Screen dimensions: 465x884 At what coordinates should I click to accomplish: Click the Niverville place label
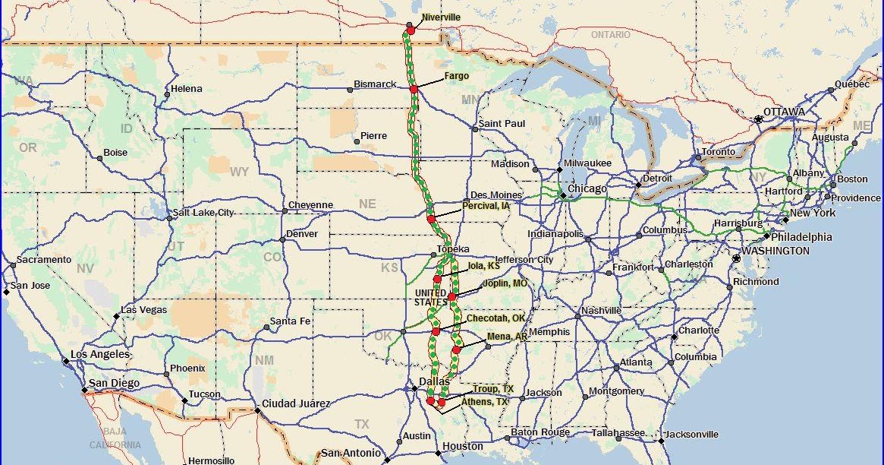coord(441,17)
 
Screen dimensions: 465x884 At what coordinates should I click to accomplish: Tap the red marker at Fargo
coord(414,90)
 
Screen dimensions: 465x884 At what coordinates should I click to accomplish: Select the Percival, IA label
coord(486,206)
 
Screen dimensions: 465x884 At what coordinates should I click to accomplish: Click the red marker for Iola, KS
coord(437,280)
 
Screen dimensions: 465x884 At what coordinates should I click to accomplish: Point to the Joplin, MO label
coord(505,283)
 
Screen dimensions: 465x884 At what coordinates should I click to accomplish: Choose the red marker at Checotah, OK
coord(436,331)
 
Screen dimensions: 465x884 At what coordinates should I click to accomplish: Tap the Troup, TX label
coord(492,389)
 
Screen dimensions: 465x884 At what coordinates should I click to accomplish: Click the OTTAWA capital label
coord(784,112)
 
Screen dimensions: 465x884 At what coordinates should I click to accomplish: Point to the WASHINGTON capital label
coord(775,251)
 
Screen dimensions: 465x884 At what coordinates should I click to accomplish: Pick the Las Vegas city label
coord(144,310)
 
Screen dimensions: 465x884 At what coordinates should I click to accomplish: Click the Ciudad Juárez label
coord(296,403)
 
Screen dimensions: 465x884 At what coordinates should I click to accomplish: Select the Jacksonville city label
coord(691,435)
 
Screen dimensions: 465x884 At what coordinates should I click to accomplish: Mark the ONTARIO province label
coord(610,35)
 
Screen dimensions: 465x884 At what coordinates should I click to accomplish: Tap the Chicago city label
coord(587,188)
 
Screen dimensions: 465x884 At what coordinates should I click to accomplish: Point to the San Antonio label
coord(351,453)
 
